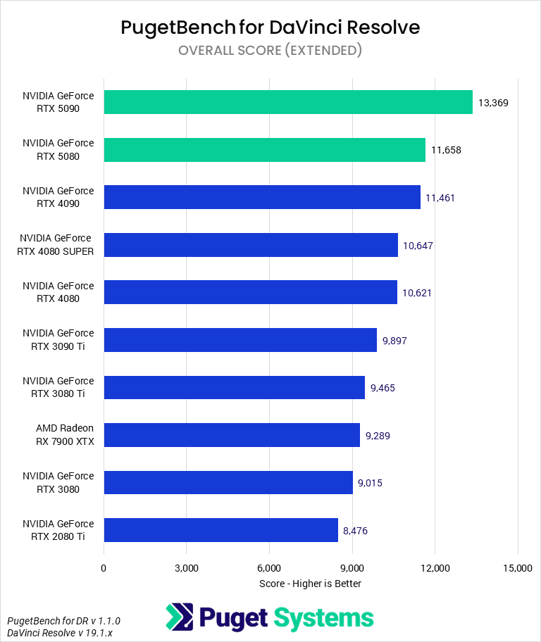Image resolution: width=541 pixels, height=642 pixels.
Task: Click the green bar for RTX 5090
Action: (288, 102)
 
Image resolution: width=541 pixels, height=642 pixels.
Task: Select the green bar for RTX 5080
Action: (264, 150)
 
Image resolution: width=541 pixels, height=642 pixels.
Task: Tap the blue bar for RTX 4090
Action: (262, 197)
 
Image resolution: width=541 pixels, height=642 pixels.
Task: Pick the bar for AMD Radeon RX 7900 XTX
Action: (232, 435)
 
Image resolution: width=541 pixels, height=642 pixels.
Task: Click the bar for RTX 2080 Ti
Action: (220, 530)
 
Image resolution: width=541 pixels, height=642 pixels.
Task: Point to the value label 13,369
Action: (493, 103)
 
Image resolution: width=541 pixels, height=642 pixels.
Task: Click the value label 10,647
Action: (418, 246)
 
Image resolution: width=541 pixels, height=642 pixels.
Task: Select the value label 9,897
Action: (394, 341)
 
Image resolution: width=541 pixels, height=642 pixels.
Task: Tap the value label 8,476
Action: (355, 531)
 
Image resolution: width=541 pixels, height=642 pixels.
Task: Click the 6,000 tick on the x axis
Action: (269, 568)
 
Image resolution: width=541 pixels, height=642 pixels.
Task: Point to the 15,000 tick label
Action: (518, 568)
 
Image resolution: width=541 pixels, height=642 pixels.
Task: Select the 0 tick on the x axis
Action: (104, 568)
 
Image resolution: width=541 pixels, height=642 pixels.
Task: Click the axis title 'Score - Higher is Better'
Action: (310, 584)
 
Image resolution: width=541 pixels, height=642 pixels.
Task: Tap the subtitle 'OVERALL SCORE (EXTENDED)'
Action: (270, 50)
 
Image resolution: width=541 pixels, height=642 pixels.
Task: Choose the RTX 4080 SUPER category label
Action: (58, 245)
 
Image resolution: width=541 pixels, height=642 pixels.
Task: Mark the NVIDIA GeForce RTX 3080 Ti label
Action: (58, 387)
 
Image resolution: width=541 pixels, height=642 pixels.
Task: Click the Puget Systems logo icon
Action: (179, 617)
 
